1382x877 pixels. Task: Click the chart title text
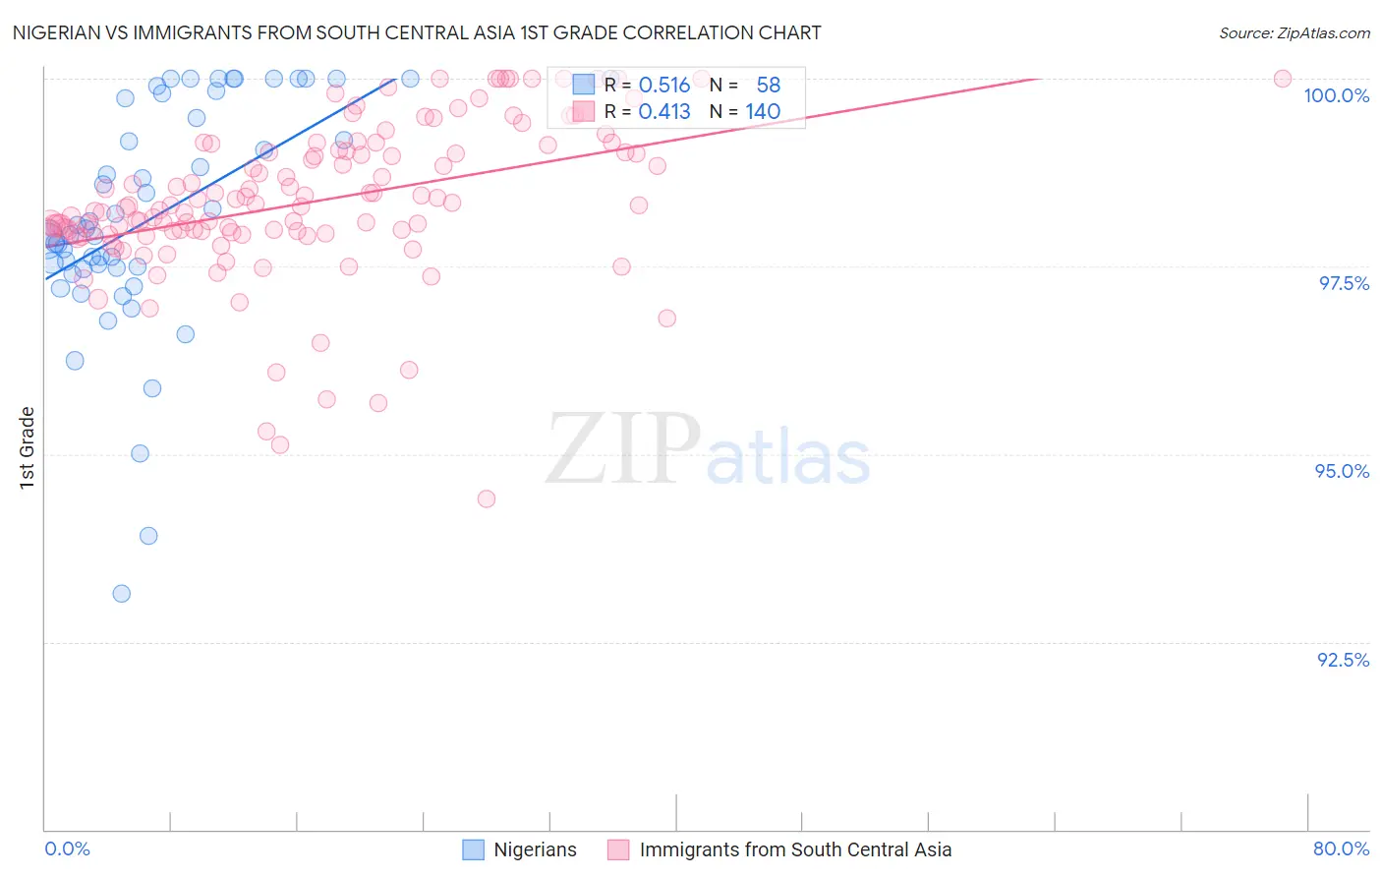click(x=417, y=32)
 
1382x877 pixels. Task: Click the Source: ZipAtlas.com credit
click(x=1294, y=32)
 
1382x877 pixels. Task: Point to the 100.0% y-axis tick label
click(x=1336, y=95)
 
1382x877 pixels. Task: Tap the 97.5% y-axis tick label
click(x=1344, y=283)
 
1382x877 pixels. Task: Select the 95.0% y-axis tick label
click(x=1342, y=471)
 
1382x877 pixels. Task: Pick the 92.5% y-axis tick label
click(x=1343, y=660)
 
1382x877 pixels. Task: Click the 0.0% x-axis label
click(x=67, y=848)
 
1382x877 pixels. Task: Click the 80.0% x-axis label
click(x=1341, y=848)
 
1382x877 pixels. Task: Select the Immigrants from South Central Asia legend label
click(x=795, y=849)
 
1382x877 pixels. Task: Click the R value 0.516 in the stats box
click(x=664, y=86)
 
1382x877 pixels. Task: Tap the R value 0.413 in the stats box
click(x=664, y=112)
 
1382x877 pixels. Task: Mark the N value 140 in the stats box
click(x=763, y=112)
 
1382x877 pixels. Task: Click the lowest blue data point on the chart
click(x=122, y=594)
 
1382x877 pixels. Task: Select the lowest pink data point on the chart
click(x=487, y=499)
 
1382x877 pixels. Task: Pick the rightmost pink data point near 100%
click(x=1283, y=79)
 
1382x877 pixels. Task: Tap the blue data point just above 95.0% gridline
click(x=141, y=453)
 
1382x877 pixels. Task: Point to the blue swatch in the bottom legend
click(x=474, y=849)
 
